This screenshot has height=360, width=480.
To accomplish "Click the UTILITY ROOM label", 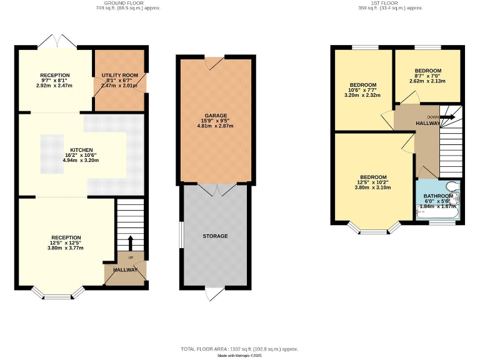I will [x=119, y=75].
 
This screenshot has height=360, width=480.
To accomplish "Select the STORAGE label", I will [x=215, y=236].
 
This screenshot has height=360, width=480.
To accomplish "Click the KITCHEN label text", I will [x=82, y=150].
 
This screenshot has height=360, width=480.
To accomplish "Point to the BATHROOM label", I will [x=438, y=196].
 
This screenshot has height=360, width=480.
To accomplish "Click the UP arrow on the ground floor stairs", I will [x=130, y=242].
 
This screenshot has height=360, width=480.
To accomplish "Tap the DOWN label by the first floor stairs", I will [x=432, y=117].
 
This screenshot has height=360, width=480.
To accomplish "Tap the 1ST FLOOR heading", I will [x=390, y=3].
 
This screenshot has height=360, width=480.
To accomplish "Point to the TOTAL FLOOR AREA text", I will [x=240, y=349].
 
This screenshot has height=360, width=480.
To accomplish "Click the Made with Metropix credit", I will [x=240, y=356].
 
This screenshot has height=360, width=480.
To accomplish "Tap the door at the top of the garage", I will [x=215, y=61].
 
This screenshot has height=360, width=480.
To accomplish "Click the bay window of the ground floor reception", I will [x=56, y=294].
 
